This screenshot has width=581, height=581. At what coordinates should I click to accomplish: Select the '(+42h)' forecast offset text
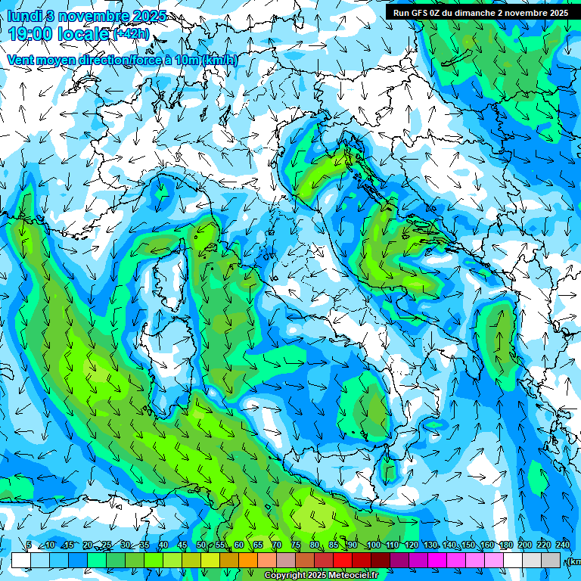(x=131, y=34)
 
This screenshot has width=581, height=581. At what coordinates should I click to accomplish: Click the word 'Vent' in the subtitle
(x=20, y=60)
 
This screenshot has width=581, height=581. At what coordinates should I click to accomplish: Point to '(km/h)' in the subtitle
(x=220, y=60)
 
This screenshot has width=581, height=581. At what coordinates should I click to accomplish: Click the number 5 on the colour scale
(x=29, y=545)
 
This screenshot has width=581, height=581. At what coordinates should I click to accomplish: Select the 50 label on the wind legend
(x=200, y=545)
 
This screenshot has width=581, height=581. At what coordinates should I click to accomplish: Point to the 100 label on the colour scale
(x=373, y=545)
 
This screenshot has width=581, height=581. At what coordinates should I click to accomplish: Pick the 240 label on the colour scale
(x=563, y=545)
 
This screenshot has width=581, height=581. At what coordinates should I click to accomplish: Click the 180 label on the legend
(x=505, y=545)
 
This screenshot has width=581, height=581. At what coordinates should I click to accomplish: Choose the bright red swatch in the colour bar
(x=343, y=560)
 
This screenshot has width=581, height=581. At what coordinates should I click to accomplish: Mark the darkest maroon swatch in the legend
(x=381, y=560)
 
